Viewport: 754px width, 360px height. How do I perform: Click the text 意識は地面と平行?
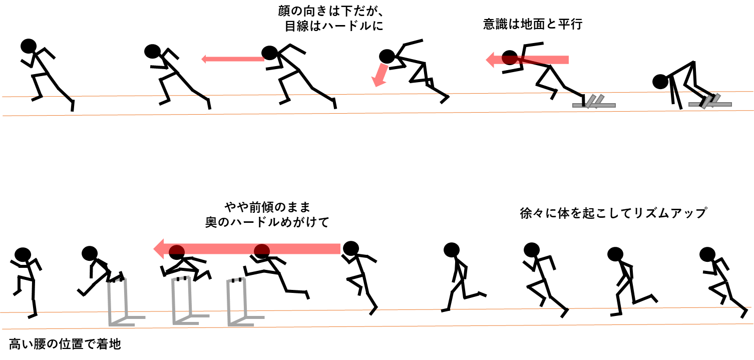(533, 24)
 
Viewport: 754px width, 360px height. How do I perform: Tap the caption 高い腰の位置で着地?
(65, 344)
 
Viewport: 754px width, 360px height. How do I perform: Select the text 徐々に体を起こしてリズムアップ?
(613, 213)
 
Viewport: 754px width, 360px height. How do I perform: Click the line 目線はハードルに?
(334, 26)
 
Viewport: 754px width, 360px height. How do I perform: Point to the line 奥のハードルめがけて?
(267, 222)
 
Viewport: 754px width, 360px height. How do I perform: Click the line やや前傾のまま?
(267, 207)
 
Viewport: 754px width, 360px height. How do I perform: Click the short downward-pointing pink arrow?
(380, 75)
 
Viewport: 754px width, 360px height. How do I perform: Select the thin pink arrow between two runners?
(233, 59)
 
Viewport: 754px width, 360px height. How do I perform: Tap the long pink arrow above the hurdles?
(247, 249)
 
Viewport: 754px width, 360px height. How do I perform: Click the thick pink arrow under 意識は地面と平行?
(527, 60)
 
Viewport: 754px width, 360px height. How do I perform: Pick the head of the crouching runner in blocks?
(660, 82)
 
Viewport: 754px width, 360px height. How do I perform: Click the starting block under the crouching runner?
(709, 102)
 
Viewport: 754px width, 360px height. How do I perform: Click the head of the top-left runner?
(29, 46)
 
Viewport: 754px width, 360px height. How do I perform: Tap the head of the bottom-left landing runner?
(23, 254)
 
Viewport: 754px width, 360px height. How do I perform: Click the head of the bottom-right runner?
(707, 254)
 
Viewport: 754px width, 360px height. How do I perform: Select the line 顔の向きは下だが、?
(331, 11)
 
